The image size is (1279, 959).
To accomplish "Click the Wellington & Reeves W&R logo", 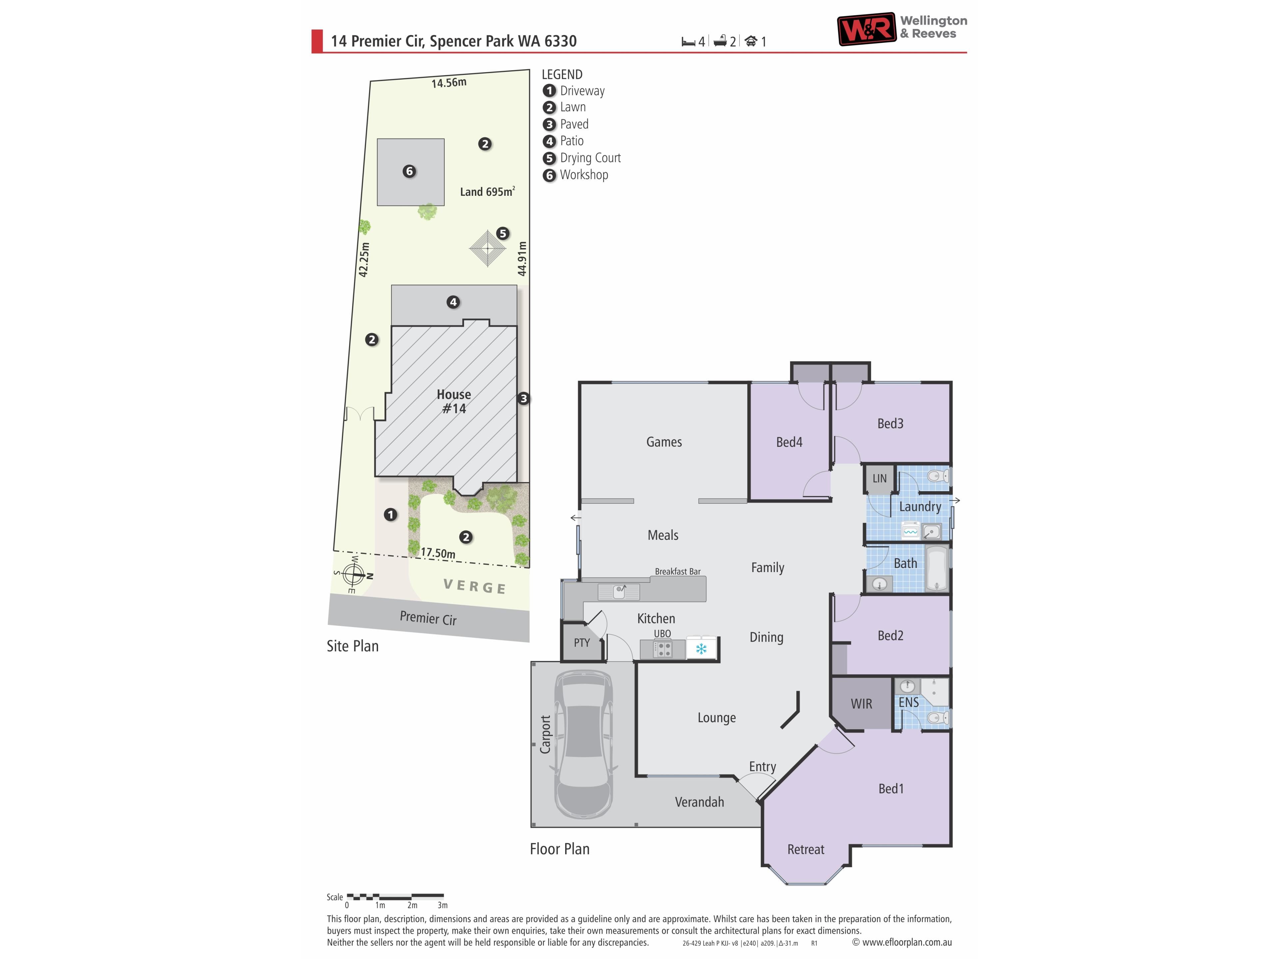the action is click(x=867, y=29).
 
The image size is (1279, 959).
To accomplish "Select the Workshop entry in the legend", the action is click(x=575, y=174).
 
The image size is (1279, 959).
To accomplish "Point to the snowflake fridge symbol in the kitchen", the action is click(x=701, y=649).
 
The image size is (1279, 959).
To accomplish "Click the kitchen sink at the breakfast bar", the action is click(x=619, y=591).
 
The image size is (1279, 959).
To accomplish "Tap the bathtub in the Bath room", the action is click(x=936, y=569).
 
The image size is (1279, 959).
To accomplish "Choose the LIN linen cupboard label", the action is click(x=879, y=479).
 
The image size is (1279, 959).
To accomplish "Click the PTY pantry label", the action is click(x=582, y=643).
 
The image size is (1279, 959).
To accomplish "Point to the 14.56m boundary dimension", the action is click(x=449, y=83).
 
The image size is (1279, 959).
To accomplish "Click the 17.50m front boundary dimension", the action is click(x=438, y=553).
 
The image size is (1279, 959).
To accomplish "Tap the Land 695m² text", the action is click(x=487, y=191).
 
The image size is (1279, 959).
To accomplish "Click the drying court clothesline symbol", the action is click(x=487, y=248).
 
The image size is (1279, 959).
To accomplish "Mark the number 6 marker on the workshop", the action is click(x=409, y=171).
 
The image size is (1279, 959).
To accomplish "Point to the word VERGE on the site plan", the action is click(x=475, y=587).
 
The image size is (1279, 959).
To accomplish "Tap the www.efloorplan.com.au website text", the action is click(x=907, y=942).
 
